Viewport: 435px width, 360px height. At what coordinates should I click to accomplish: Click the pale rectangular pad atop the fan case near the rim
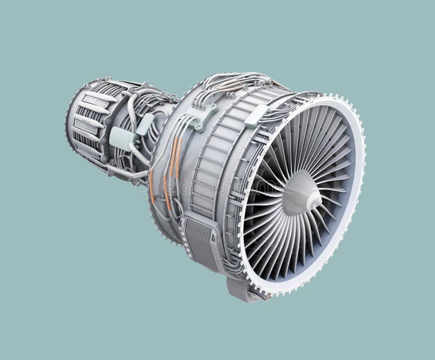[x=256, y=116]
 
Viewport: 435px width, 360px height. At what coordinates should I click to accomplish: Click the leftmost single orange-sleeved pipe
[x=152, y=187]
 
